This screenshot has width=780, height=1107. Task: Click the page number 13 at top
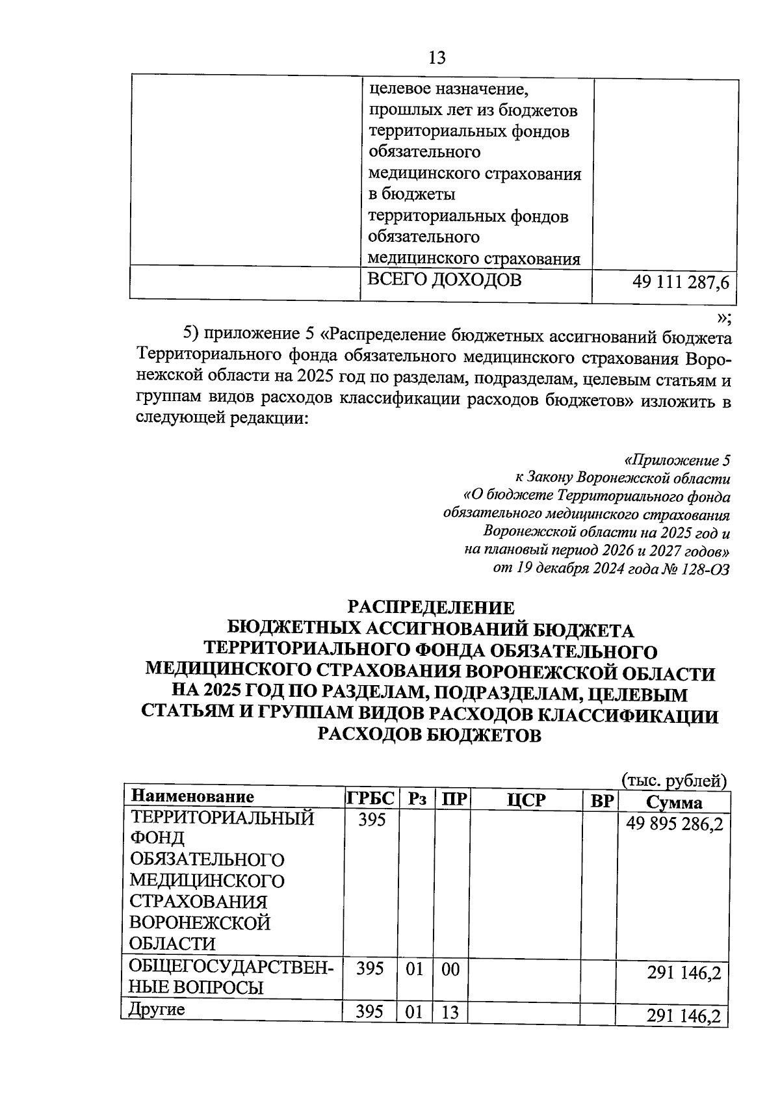[437, 58]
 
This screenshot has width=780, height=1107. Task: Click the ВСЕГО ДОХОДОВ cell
[445, 280]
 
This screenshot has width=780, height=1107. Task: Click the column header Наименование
[192, 796]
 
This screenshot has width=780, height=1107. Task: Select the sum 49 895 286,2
[674, 824]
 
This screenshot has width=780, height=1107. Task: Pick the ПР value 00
[450, 969]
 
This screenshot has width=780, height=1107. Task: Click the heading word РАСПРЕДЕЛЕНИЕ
[431, 607]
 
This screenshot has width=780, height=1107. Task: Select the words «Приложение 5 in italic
[677, 461]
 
